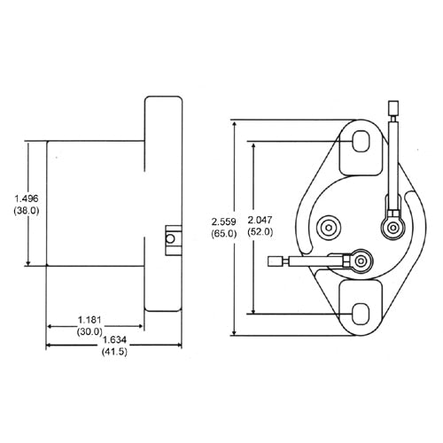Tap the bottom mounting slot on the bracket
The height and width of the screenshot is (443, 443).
tap(361, 313)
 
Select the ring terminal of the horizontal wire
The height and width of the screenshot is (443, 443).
tap(359, 260)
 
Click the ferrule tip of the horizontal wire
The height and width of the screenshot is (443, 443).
tap(276, 261)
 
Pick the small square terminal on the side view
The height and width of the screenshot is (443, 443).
tap(170, 237)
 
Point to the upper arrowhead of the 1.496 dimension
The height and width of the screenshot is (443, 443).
tap(29, 144)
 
